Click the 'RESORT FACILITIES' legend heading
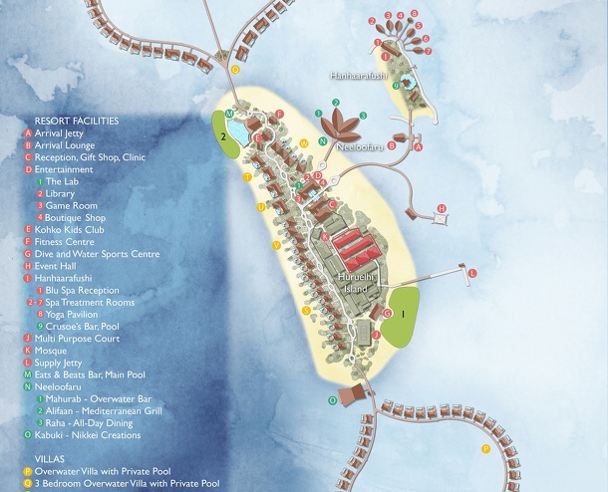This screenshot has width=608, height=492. click(77, 121)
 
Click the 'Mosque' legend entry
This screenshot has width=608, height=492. click(50, 351)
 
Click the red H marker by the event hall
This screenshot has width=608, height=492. click(440, 208)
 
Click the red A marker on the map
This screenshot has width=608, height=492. click(419, 146)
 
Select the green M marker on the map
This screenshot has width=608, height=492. click(230, 115)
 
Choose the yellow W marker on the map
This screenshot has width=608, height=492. click(303, 143)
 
